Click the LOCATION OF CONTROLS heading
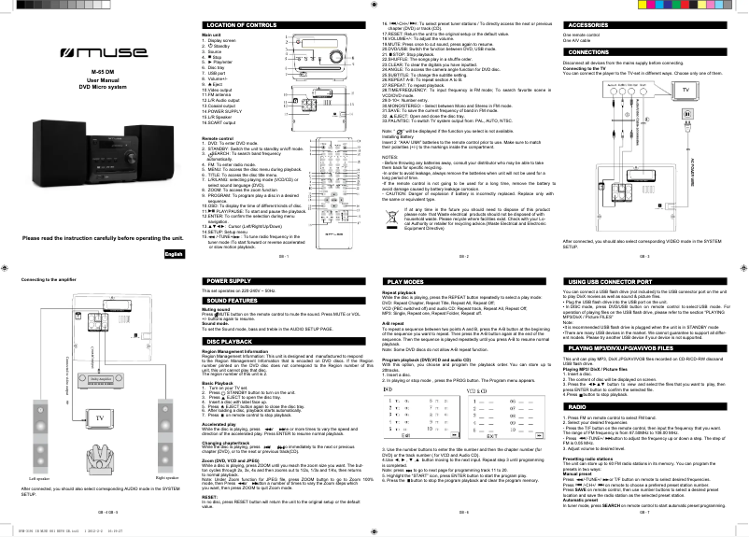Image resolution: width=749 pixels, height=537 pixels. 241,23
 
